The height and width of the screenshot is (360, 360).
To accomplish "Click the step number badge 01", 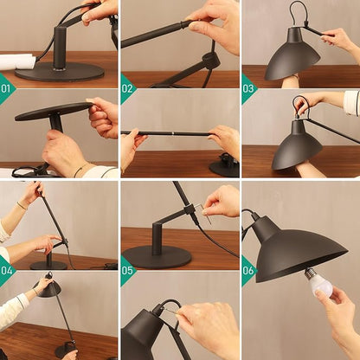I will (x=6, y=88).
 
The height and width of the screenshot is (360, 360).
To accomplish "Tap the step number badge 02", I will (x=127, y=88).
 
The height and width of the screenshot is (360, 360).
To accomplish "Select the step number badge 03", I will (x=248, y=88).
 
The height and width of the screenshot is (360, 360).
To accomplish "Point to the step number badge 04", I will (x=6, y=270).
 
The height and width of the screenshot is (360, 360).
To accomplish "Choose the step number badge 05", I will (x=127, y=270).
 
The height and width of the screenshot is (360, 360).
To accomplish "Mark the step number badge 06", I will (x=248, y=270).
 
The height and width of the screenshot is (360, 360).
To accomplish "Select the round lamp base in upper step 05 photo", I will (x=157, y=255).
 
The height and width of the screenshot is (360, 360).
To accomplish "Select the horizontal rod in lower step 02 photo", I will (x=169, y=133).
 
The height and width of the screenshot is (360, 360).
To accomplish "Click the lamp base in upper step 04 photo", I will (x=48, y=263).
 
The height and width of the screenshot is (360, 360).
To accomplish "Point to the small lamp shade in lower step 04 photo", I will (x=48, y=289).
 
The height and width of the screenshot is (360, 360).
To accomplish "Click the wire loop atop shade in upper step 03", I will (x=299, y=14).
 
